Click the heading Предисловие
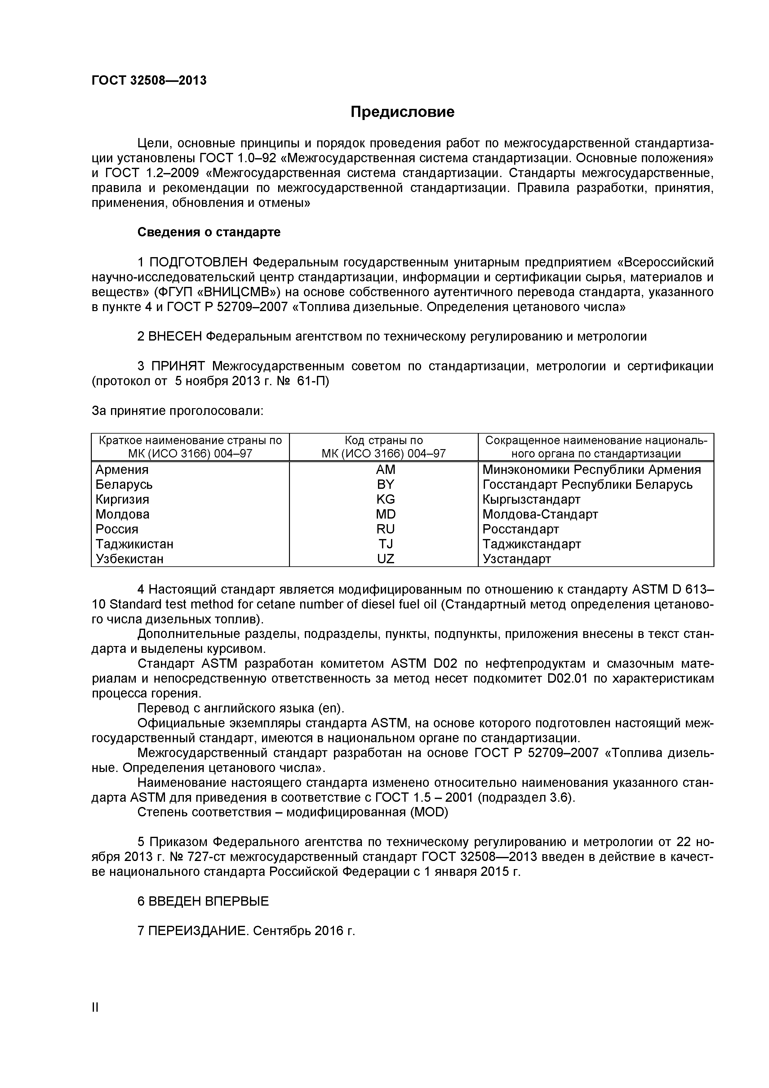(402, 112)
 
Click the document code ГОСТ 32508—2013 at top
(149, 81)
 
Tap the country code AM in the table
(385, 470)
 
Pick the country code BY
(385, 484)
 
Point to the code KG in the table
(385, 499)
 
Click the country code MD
(385, 514)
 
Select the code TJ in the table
(385, 544)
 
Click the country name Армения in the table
(122, 470)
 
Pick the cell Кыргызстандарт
(531, 499)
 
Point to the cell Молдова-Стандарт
(540, 514)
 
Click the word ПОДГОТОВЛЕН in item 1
(198, 262)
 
